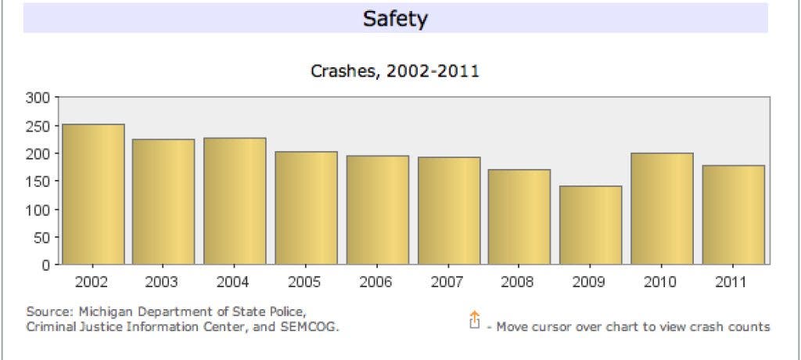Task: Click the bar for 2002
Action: tap(93, 194)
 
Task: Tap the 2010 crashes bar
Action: tap(662, 209)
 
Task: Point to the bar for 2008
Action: tap(519, 217)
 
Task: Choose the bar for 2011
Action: tap(733, 214)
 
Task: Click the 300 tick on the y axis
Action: tap(40, 98)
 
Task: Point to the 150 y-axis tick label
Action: tap(40, 182)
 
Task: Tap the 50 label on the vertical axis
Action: tap(43, 237)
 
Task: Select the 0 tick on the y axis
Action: tap(46, 265)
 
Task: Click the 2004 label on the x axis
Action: tap(234, 282)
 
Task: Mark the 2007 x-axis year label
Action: tap(448, 282)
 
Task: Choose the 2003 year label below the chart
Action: tap(163, 282)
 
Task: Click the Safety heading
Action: tap(395, 19)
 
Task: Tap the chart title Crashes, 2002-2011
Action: tap(395, 72)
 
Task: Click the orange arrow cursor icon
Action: tap(474, 320)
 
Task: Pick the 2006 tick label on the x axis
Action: tap(377, 282)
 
